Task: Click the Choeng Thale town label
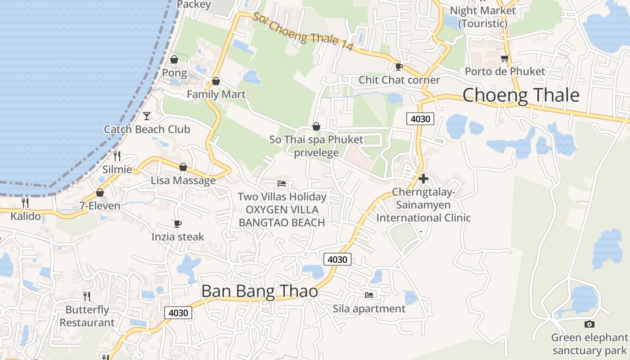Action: click(x=521, y=95)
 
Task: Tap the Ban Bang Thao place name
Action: click(x=260, y=291)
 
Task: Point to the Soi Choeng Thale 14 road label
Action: click(x=302, y=32)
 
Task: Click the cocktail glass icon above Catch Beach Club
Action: click(x=147, y=116)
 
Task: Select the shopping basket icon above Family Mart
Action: click(x=216, y=81)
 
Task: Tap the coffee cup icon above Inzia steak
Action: click(x=178, y=224)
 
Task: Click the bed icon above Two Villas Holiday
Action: click(x=282, y=184)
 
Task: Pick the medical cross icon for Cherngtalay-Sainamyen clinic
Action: click(x=423, y=179)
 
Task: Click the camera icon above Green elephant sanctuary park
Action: click(x=589, y=324)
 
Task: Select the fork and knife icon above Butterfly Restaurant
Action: click(x=87, y=296)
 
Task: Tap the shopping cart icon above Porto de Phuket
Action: click(x=504, y=58)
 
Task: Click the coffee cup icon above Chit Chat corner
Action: click(x=399, y=67)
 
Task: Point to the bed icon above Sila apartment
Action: click(x=369, y=295)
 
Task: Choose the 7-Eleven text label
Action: click(x=100, y=206)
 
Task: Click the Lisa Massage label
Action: click(x=183, y=180)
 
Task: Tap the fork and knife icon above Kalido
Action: click(x=25, y=203)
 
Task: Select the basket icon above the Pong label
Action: click(x=174, y=59)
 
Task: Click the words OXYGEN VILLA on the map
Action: click(x=282, y=210)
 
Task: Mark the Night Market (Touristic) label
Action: click(x=482, y=17)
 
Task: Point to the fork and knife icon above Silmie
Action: click(x=117, y=156)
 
